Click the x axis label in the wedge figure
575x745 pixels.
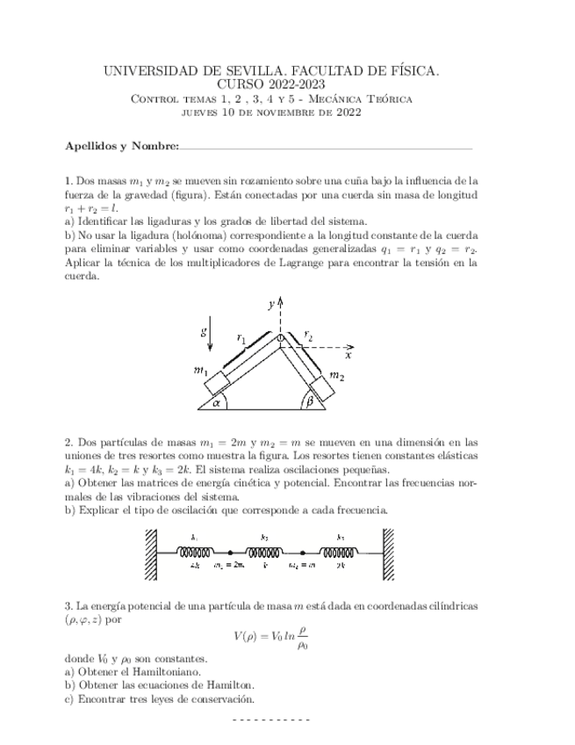pyautogui.click(x=349, y=356)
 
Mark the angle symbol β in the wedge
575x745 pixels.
pyautogui.click(x=310, y=403)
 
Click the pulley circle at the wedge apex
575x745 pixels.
pyautogui.click(x=280, y=336)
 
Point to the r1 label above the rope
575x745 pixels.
pyautogui.click(x=243, y=336)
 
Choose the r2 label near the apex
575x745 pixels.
pyautogui.click(x=309, y=334)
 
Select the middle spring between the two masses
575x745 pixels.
pyautogui.click(x=264, y=553)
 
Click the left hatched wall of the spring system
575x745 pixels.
pyautogui.click(x=151, y=553)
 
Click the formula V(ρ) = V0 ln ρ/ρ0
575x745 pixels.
pyautogui.click(x=271, y=635)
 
